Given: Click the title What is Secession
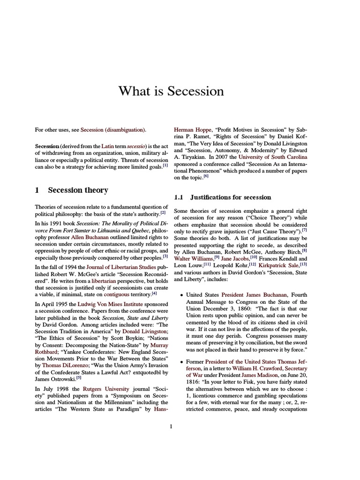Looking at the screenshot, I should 171,90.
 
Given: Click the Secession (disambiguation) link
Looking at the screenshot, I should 113,130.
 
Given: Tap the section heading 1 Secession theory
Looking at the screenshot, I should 71,190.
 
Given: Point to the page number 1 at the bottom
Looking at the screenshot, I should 171,426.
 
